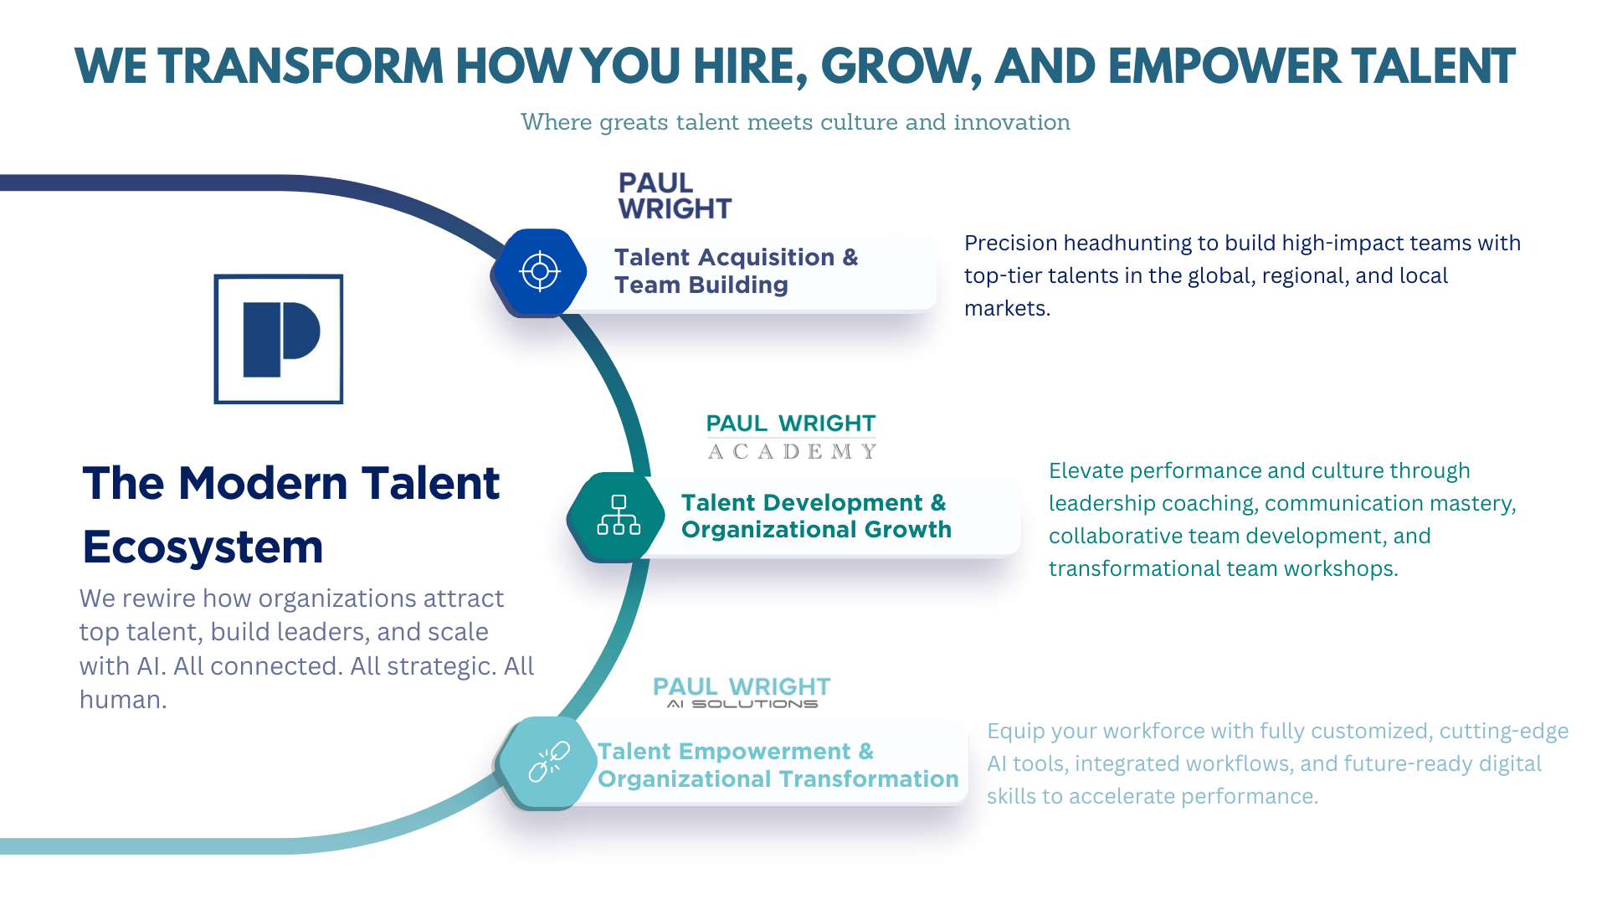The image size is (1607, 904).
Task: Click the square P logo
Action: (x=279, y=339)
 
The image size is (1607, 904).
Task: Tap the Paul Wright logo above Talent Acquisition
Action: (x=673, y=196)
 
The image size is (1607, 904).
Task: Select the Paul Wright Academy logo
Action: (x=791, y=436)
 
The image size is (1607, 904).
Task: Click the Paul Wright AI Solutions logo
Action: (x=742, y=690)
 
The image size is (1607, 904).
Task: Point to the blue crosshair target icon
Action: (x=540, y=271)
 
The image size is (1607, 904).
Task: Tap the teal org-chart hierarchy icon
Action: (x=618, y=515)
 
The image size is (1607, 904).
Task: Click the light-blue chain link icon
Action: (x=548, y=762)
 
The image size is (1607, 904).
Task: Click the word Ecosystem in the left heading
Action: (x=203, y=547)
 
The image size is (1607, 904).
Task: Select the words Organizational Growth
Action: (x=816, y=530)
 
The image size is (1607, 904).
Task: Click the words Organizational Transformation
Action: (x=778, y=779)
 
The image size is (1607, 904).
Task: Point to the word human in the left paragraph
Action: (x=122, y=700)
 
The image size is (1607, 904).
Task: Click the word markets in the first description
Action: (x=1006, y=309)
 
